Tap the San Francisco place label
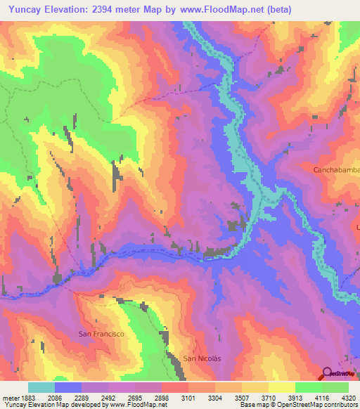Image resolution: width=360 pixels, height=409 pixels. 101,334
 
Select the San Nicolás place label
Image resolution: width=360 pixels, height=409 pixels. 202,358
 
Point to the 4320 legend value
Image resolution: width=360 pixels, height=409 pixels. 349,397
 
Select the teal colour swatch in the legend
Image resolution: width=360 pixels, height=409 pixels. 41,387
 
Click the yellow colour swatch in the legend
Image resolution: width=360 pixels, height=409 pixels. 282,387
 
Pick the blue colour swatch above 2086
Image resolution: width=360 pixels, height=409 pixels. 68,387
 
